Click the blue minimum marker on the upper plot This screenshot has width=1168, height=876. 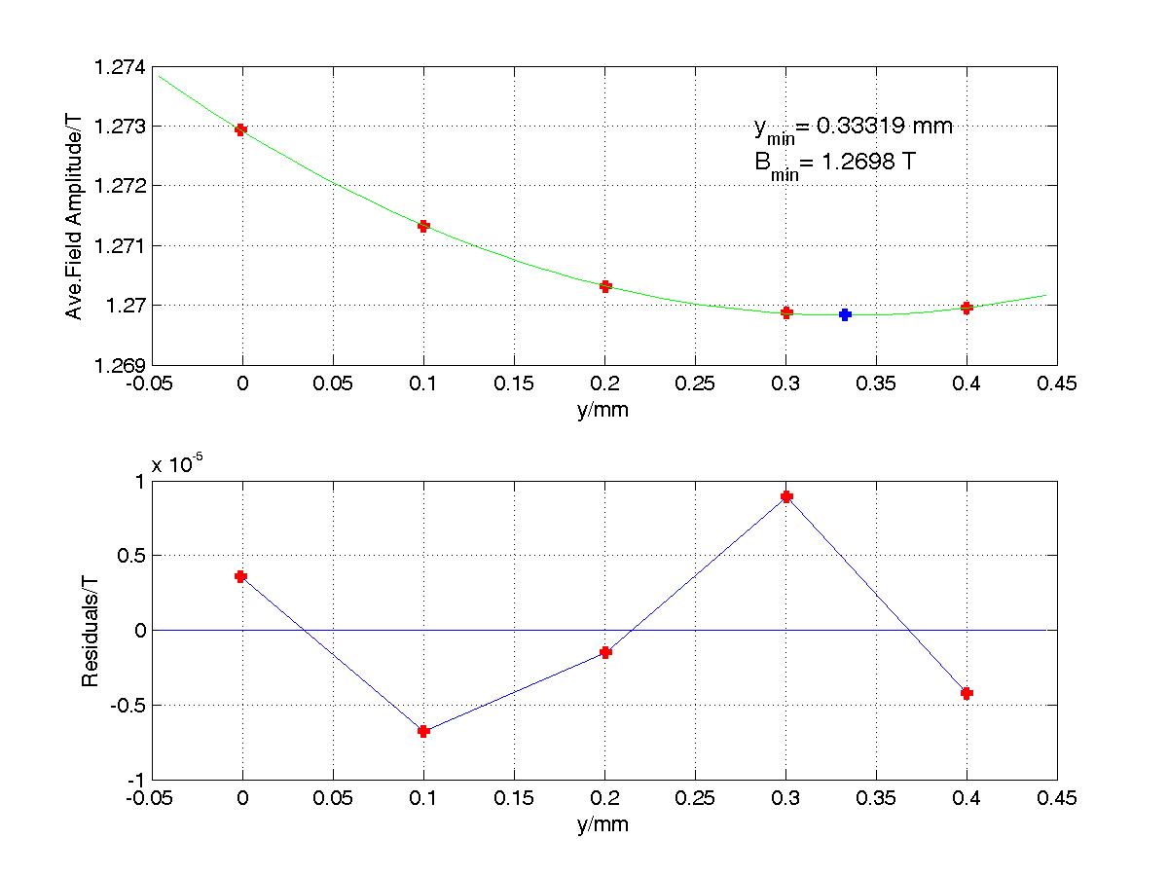point(845,314)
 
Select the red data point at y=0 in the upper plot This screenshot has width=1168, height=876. point(241,129)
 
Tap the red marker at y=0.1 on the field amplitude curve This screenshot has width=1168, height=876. point(423,226)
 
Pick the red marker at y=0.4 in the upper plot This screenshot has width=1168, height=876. point(967,308)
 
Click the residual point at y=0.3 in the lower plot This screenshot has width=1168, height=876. point(786,496)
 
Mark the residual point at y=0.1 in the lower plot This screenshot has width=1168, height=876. point(423,731)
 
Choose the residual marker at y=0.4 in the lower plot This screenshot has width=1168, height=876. point(967,693)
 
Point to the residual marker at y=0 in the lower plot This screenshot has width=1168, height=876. point(241,576)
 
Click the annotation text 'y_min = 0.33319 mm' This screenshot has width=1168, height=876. point(853,128)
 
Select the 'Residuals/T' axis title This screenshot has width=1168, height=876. point(90,631)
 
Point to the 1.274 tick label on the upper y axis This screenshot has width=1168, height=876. point(118,68)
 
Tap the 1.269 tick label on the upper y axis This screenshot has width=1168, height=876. point(118,365)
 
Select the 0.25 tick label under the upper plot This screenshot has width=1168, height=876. point(695,385)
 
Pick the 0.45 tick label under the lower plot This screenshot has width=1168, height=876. point(1057,800)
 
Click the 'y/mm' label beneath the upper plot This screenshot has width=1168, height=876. point(604,410)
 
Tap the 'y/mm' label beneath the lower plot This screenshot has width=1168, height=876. point(604,824)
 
